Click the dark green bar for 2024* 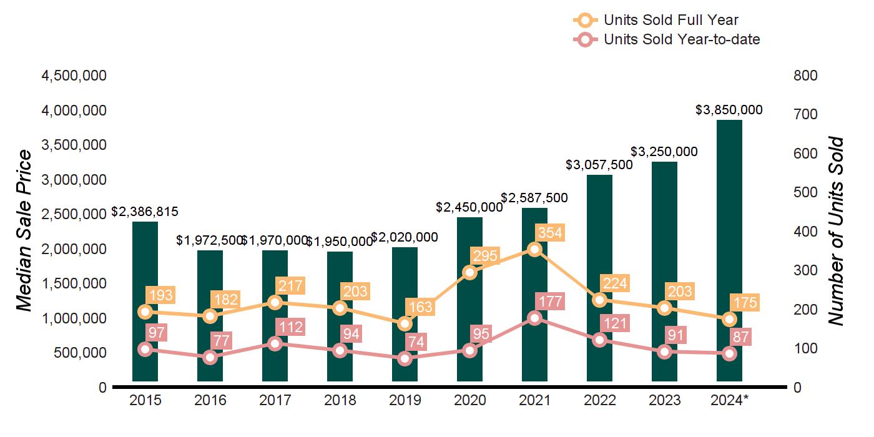pos(729,250)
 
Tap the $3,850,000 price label pos(729,110)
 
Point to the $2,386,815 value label pos(145,212)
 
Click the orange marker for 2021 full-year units pos(534,249)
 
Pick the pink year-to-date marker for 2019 pos(405,358)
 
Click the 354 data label pos(549,233)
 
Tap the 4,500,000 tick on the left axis pos(74,76)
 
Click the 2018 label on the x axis pos(340,400)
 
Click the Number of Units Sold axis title pos(836,231)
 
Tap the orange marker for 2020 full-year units pos(469,272)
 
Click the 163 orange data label pos(420,307)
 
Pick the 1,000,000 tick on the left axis pos(74,318)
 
